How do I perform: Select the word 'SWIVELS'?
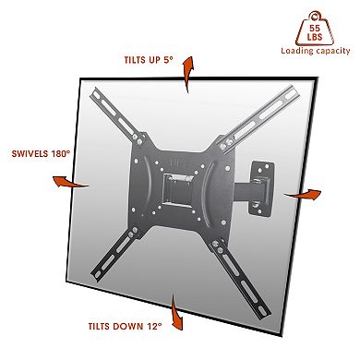tap(26, 153)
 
